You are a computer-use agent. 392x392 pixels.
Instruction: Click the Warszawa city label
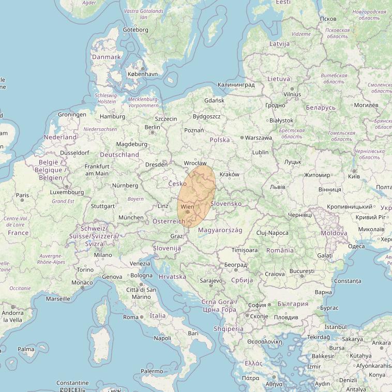click(259, 138)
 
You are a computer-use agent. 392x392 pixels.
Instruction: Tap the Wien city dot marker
click(187, 212)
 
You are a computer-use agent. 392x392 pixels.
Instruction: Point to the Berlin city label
click(153, 127)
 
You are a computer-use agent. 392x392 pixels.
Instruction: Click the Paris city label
click(22, 195)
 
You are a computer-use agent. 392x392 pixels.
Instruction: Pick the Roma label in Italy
click(130, 317)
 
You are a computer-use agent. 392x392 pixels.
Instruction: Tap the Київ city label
click(354, 176)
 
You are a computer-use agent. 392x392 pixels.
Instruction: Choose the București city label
click(303, 271)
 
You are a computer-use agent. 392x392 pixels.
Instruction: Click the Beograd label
click(236, 264)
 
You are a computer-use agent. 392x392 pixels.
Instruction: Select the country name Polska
click(220, 140)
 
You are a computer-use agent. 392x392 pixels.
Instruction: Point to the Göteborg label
click(135, 30)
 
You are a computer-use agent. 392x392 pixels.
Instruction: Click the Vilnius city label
click(292, 95)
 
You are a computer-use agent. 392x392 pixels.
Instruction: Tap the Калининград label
click(236, 85)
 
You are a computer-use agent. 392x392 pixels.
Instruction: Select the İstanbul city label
click(336, 327)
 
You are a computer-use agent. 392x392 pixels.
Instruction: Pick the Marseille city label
click(58, 299)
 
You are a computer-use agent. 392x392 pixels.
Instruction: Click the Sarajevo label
click(211, 281)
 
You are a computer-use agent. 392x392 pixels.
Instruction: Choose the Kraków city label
click(230, 175)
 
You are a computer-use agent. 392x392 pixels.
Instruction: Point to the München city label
click(131, 218)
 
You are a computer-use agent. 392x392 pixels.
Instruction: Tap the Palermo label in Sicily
click(152, 371)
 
